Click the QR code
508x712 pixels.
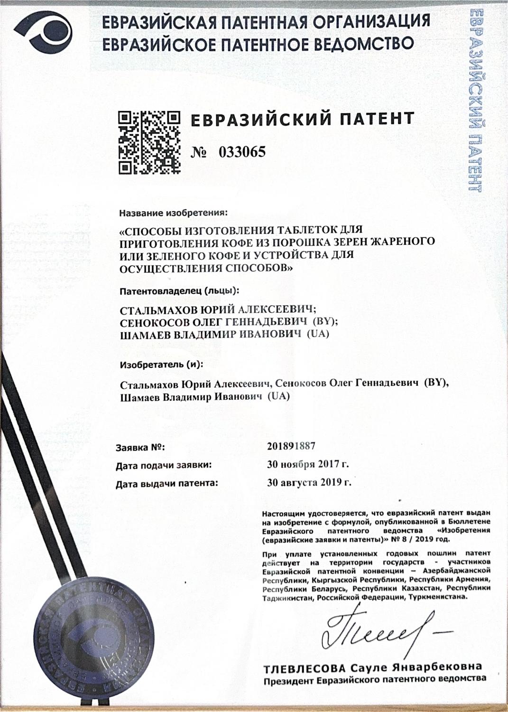click(149, 142)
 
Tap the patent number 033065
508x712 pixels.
click(242, 152)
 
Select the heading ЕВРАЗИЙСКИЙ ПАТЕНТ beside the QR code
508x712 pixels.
click(302, 119)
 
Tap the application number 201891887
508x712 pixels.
click(291, 446)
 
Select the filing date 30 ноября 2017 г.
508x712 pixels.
click(308, 465)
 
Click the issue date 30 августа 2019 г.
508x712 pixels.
click(309, 483)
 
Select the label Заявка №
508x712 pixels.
click(140, 447)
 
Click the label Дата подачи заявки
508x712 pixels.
click(164, 466)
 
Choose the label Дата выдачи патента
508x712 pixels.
click(167, 484)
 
